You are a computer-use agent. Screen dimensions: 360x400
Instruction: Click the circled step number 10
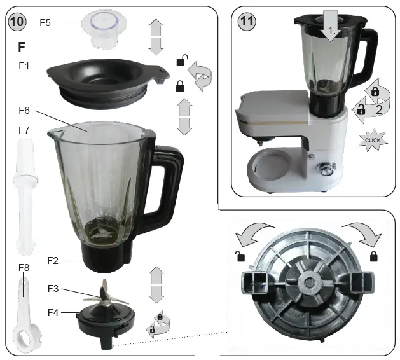[17, 22]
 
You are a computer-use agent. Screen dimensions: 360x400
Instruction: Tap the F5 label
[45, 22]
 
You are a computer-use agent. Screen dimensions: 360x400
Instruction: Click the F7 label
[24, 130]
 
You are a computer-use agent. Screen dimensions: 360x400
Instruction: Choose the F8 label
[24, 268]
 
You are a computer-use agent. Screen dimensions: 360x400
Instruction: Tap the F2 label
[53, 260]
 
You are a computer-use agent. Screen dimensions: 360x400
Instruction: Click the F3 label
[53, 289]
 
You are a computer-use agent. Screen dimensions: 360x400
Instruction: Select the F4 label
[53, 312]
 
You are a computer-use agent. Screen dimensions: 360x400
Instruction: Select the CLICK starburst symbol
[373, 140]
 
